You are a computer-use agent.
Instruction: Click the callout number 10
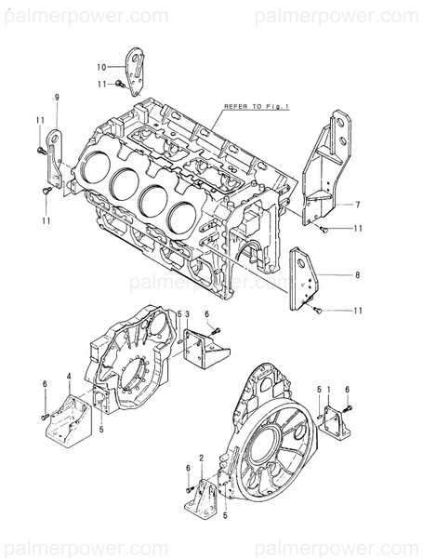pyautogui.click(x=102, y=66)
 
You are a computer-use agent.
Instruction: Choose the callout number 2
pyautogui.click(x=201, y=458)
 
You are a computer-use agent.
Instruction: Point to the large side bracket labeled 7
pyautogui.click(x=326, y=172)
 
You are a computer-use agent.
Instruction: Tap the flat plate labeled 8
pyautogui.click(x=302, y=276)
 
